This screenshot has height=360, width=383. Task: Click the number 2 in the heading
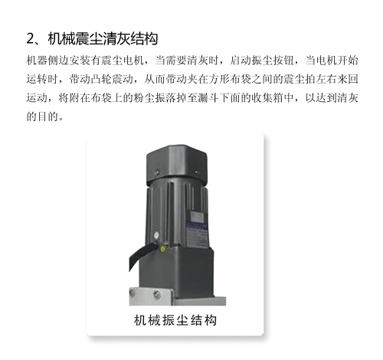point(30,39)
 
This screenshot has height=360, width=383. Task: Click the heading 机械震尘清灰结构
point(103,39)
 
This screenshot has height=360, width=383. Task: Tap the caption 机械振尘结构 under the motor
point(175,320)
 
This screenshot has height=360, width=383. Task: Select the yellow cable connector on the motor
point(162,248)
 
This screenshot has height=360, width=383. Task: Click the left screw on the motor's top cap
point(157,173)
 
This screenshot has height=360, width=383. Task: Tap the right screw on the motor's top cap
point(196,172)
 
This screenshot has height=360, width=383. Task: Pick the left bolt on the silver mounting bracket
point(133,293)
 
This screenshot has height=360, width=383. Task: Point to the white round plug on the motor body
point(156,235)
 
